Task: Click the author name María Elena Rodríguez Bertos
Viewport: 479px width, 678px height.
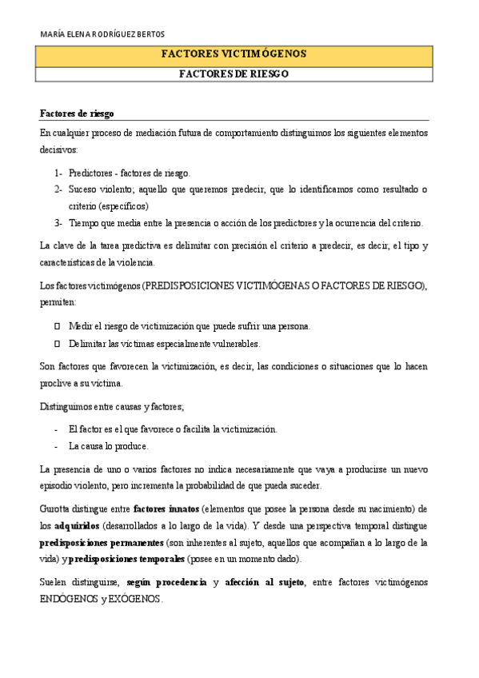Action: [x=102, y=34]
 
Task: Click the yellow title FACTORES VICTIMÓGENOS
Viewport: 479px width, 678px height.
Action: [x=234, y=54]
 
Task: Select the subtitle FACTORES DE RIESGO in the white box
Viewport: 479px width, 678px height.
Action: [x=234, y=74]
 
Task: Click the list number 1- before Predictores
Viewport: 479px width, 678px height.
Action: [x=58, y=173]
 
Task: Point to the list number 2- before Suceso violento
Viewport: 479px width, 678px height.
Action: [x=58, y=189]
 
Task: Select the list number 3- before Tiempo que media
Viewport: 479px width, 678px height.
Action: [x=58, y=223]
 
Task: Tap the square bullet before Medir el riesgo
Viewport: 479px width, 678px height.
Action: [x=57, y=326]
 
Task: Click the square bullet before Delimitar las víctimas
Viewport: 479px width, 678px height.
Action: [x=57, y=344]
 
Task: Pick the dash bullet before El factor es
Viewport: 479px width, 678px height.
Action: [x=56, y=429]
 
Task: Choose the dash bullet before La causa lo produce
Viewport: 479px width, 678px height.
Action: [x=56, y=445]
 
